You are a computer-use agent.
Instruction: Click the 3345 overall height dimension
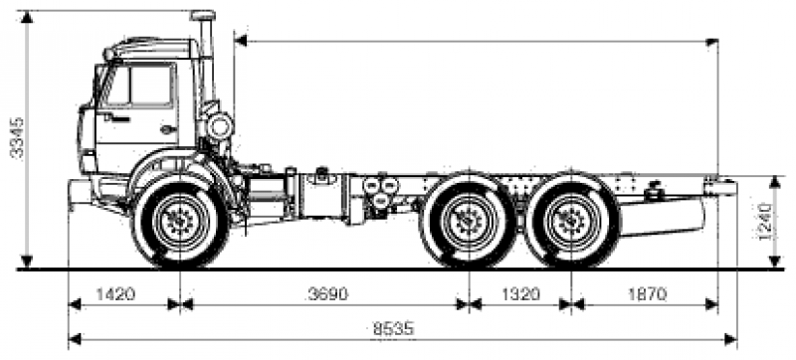pos(16,138)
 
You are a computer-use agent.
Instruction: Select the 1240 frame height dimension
pos(764,222)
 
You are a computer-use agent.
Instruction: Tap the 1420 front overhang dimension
pos(115,293)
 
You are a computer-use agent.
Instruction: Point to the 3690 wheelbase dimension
pos(327,293)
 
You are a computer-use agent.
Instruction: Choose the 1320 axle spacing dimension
pos(520,293)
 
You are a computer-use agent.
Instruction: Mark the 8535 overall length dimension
pos(393,328)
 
